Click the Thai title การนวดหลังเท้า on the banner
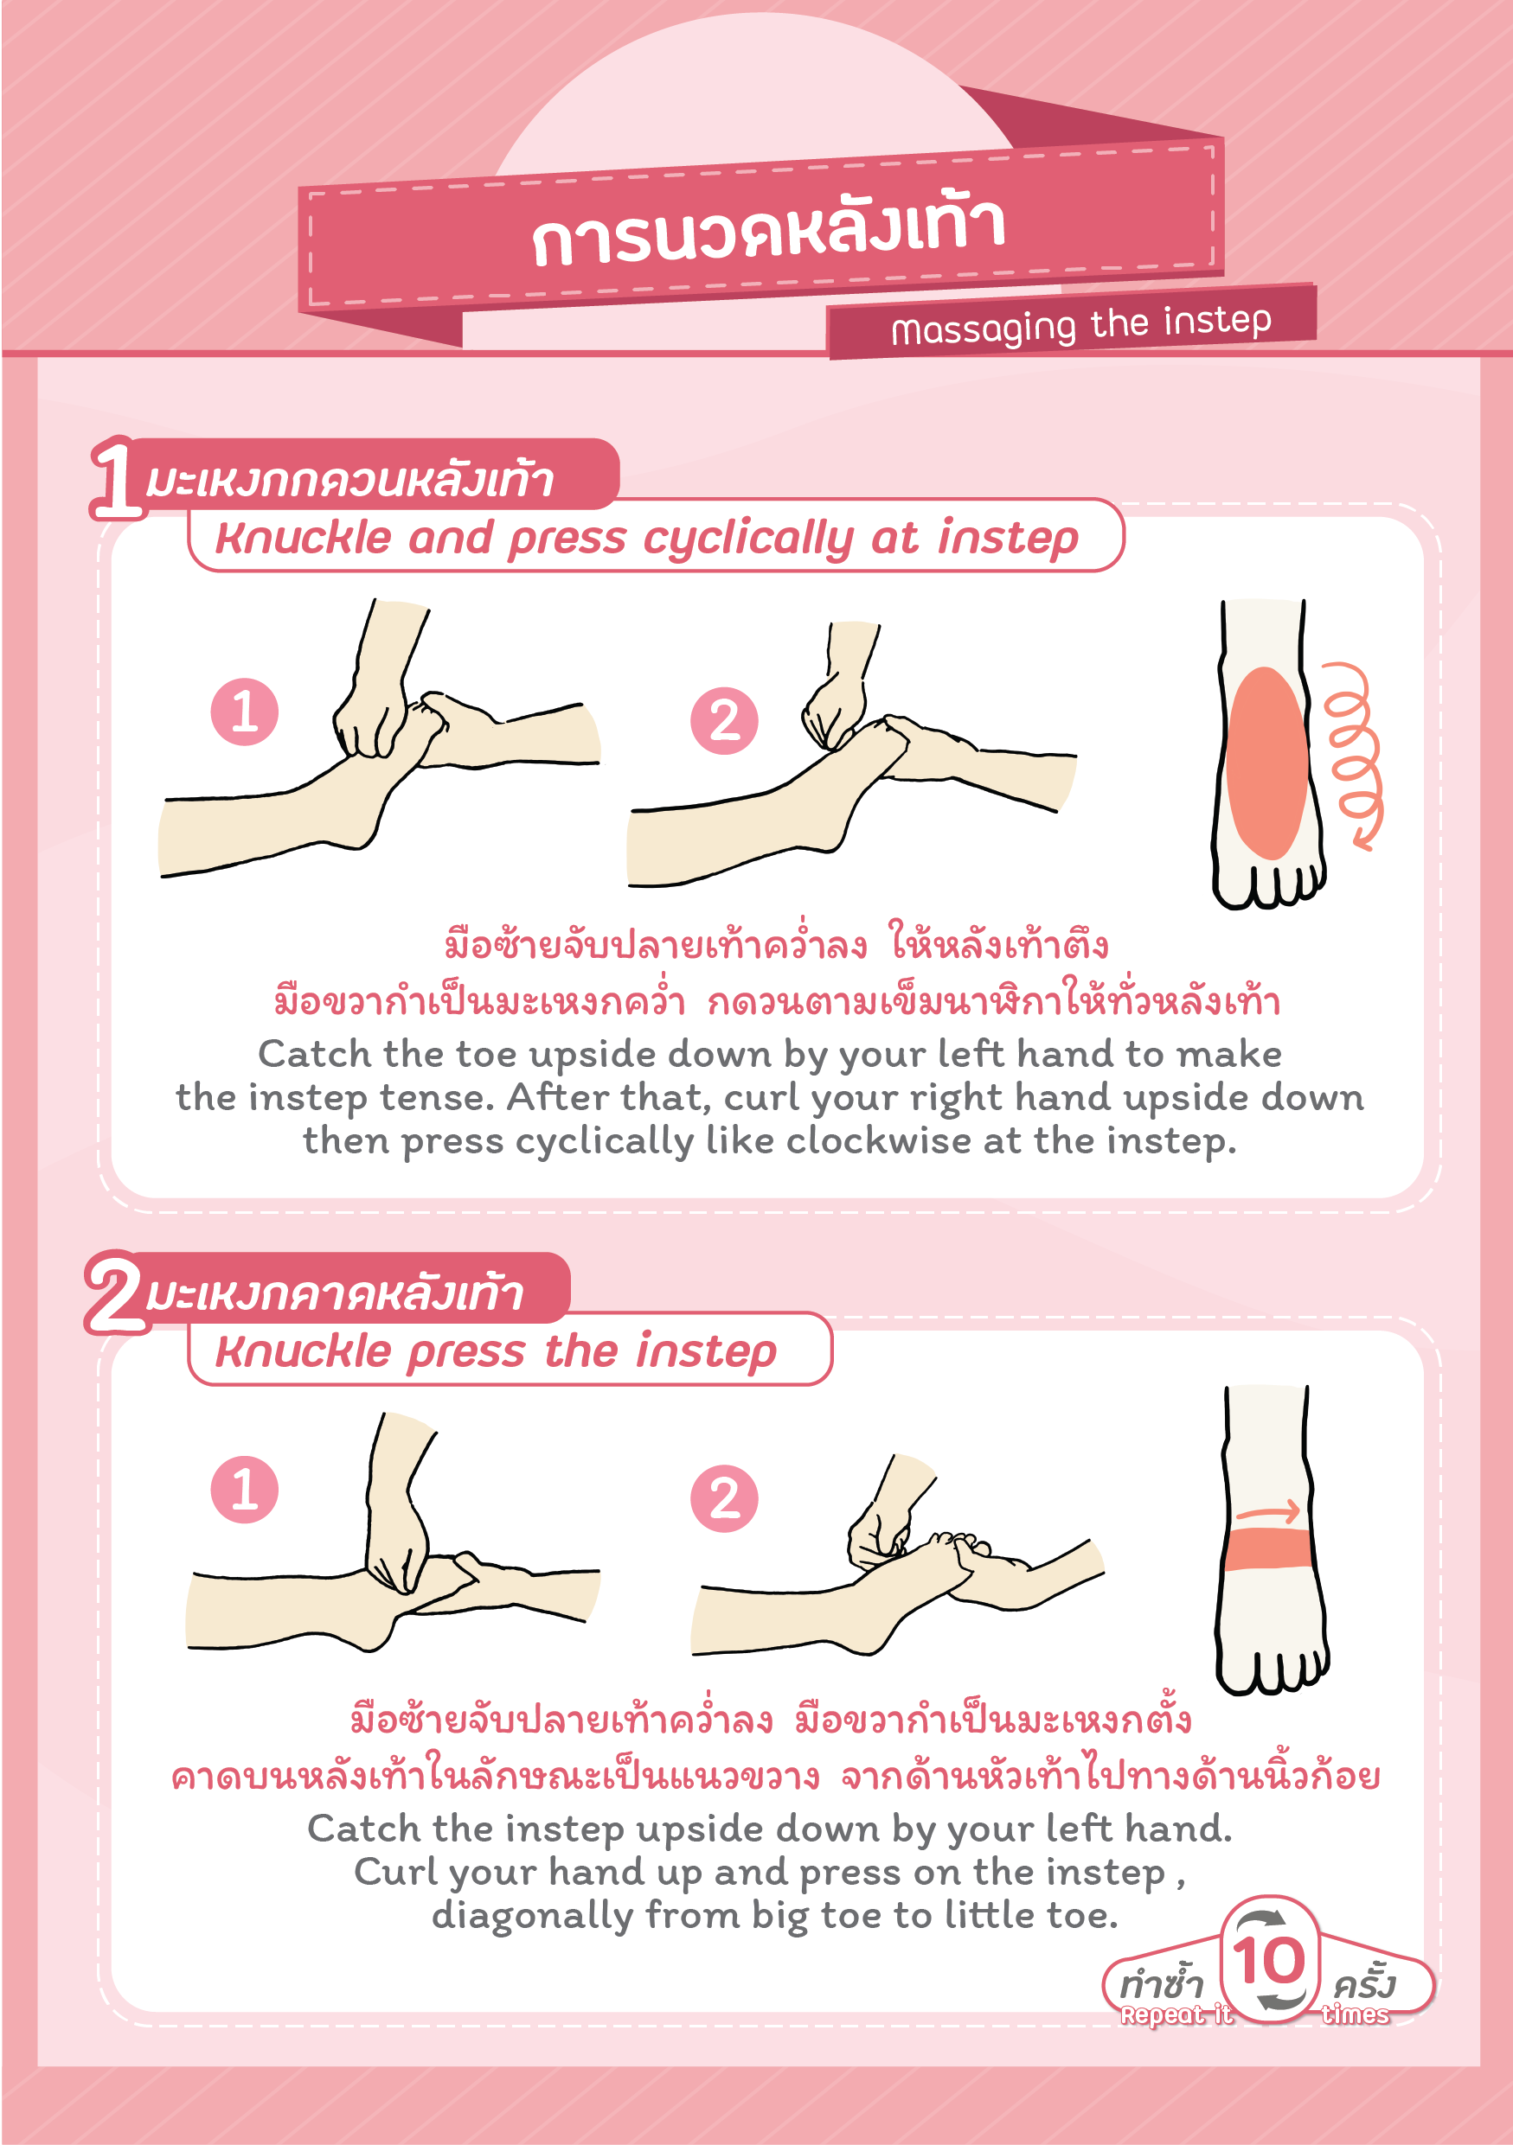pos(768,231)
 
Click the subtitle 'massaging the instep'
pos(1081,324)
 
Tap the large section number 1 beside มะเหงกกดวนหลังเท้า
pos(117,478)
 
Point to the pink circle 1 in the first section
pos(245,712)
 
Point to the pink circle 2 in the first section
pos(724,721)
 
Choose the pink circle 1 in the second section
pos(245,1489)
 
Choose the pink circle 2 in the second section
pos(724,1498)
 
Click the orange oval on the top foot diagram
pos(1266,763)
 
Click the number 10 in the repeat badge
pos(1268,1960)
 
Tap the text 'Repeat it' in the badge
pos(1176,2015)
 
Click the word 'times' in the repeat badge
pos(1355,2014)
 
